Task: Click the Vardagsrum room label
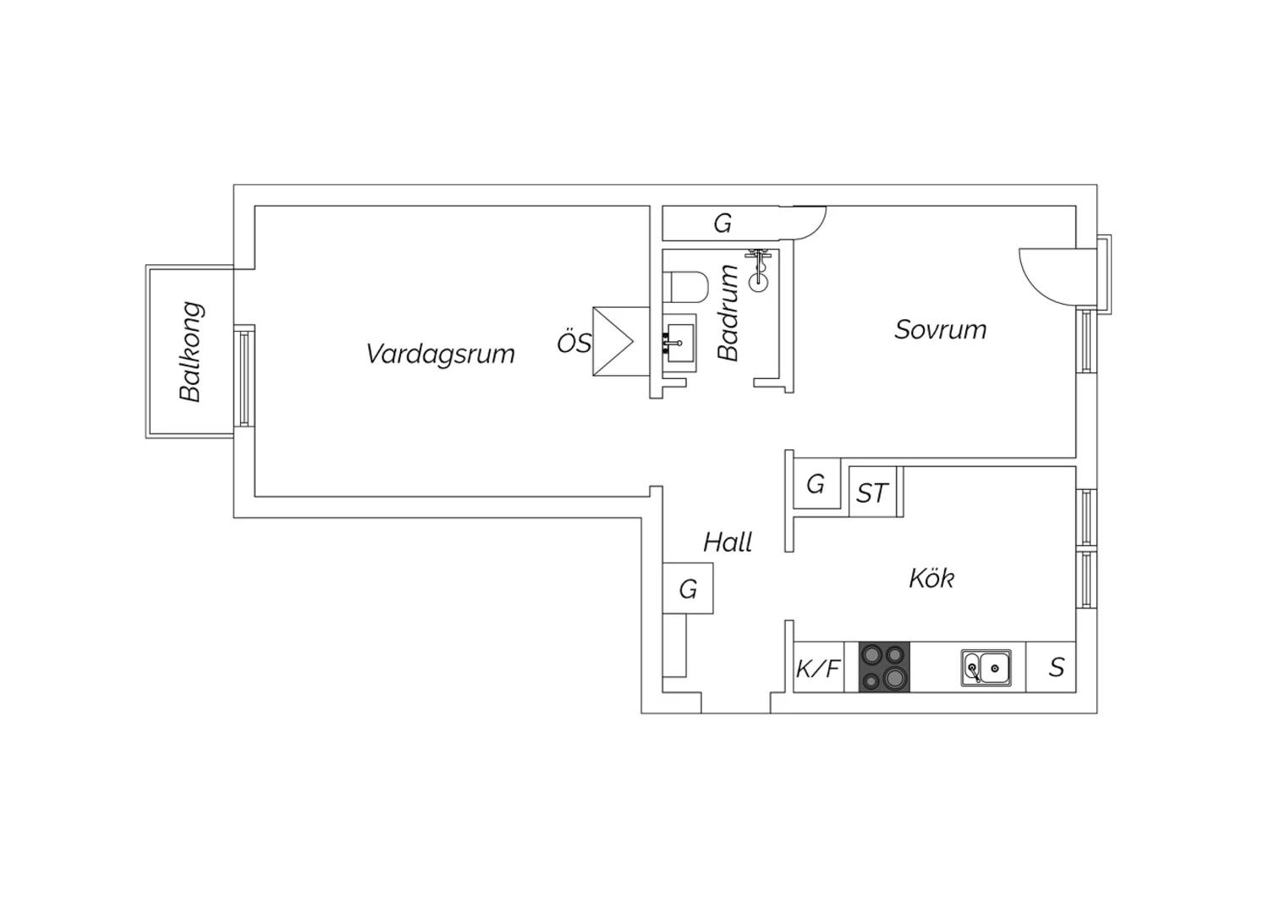440,355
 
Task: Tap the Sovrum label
941,330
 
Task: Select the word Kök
931,578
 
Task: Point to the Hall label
728,542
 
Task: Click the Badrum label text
728,313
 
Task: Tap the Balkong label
190,352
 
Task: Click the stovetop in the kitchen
884,666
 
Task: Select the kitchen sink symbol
986,668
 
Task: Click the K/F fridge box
819,667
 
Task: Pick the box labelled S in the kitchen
1051,667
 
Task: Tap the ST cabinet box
873,492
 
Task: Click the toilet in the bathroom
686,287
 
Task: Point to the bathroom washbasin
679,343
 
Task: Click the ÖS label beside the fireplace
574,343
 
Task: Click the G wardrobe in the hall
688,588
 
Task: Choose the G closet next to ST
816,483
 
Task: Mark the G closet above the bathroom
722,223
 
